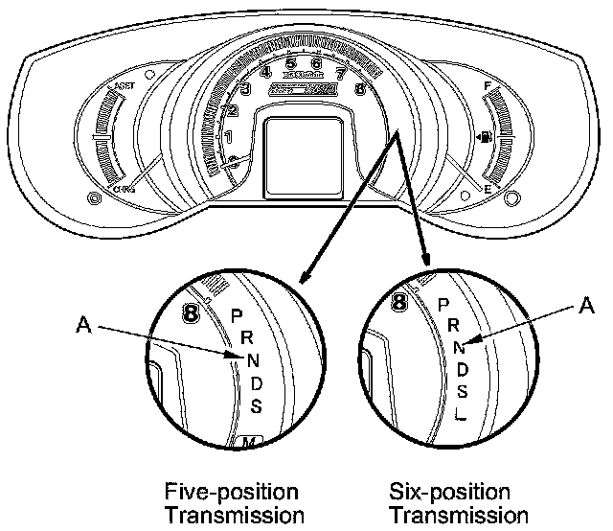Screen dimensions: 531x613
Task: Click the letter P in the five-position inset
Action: click(237, 314)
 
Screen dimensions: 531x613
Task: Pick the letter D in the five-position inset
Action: click(254, 383)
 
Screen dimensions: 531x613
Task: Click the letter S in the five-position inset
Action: click(256, 405)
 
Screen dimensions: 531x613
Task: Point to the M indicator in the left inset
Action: click(248, 442)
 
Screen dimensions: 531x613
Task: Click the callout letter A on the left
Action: click(84, 326)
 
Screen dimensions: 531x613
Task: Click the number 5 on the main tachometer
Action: click(290, 66)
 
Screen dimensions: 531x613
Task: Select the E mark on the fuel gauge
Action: click(487, 191)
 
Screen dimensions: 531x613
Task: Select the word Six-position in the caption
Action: click(450, 493)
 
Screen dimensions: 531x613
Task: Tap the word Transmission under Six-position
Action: click(450, 516)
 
